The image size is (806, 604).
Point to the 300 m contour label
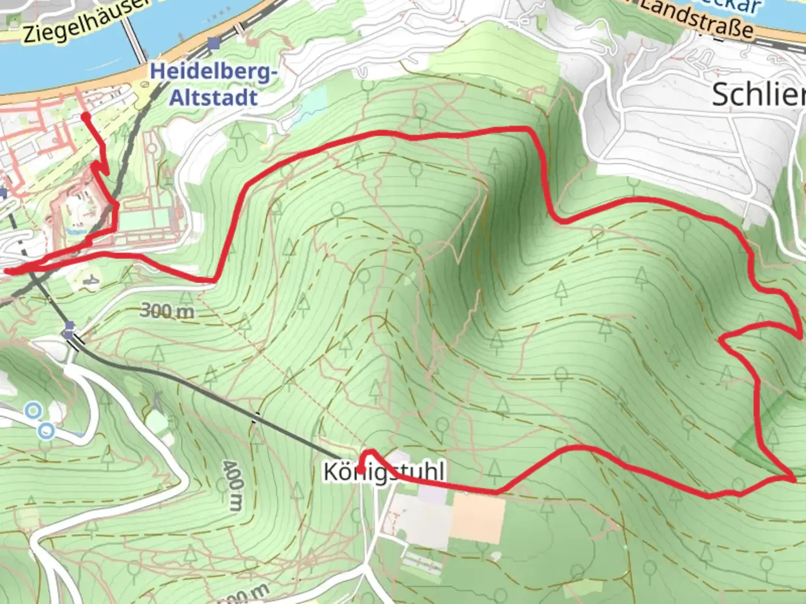[x=167, y=310]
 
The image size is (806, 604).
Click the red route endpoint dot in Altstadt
[x=85, y=116]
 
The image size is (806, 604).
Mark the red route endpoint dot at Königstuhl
[x=361, y=470]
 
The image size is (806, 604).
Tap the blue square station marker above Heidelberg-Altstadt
[x=213, y=43]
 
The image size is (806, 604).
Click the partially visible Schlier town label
[x=758, y=95]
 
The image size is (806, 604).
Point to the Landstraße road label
[x=697, y=20]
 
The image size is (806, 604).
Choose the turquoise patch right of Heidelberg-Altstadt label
[x=314, y=103]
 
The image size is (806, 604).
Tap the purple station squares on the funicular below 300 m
[x=69, y=329]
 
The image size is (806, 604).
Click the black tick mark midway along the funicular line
[x=256, y=417]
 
